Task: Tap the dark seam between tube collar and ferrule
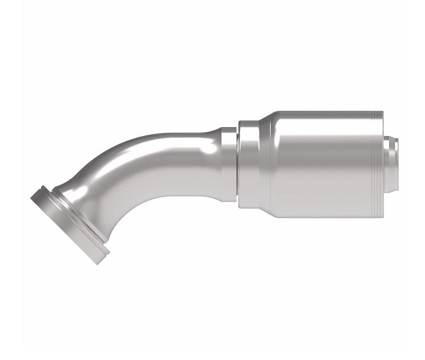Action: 238,164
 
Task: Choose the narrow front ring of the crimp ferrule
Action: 249,164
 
